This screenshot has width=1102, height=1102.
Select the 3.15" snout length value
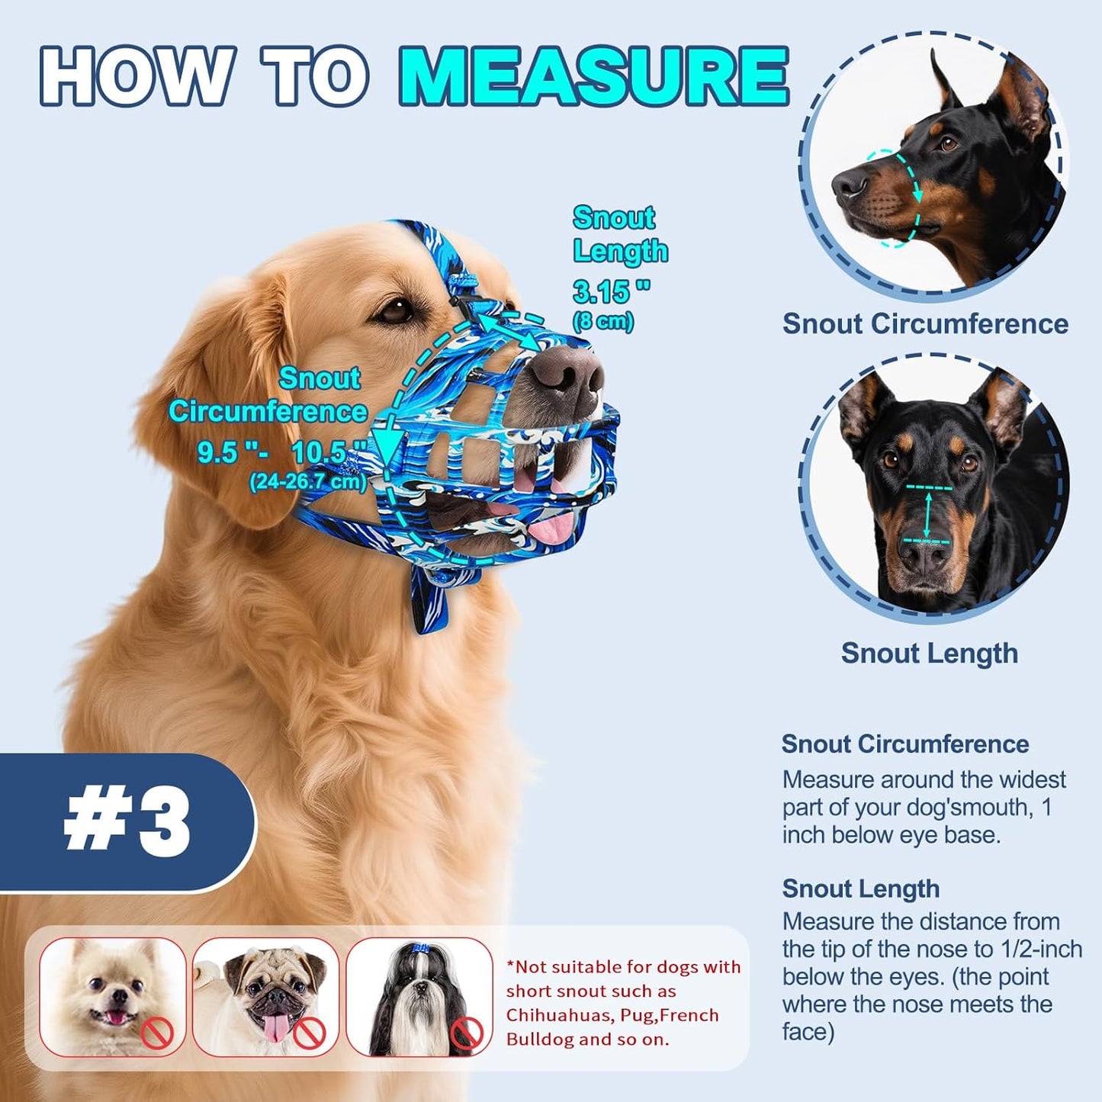611,291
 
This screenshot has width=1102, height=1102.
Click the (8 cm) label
603,321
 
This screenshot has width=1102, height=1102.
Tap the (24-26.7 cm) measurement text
307,482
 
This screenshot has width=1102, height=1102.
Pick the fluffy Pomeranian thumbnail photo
113,996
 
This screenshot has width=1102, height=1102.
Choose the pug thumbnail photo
266,996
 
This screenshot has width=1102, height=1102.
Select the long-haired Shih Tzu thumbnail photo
419,996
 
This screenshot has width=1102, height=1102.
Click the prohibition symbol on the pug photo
310,1033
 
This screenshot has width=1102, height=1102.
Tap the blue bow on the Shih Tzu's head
421,949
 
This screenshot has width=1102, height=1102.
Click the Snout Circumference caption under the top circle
925,323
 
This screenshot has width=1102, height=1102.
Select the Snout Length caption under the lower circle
929,653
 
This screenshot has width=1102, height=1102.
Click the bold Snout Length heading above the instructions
860,888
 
